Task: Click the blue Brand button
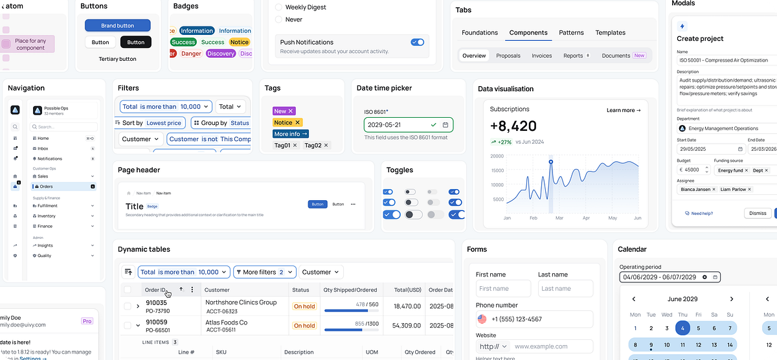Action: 118,26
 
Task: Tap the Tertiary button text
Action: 117,59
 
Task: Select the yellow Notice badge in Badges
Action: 239,42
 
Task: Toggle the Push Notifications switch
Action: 417,42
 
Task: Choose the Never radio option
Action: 280,20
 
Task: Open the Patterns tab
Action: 571,32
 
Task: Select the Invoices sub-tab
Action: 541,56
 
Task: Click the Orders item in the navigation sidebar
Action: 46,186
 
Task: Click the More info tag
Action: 290,134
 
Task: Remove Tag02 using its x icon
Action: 326,146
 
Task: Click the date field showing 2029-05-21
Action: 395,125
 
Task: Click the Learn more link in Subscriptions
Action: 623,111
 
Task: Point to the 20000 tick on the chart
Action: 497,156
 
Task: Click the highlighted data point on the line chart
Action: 550,162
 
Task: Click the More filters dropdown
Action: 264,273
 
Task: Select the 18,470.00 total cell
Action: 407,306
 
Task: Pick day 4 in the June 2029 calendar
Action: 683,328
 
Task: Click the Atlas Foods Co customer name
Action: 226,322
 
